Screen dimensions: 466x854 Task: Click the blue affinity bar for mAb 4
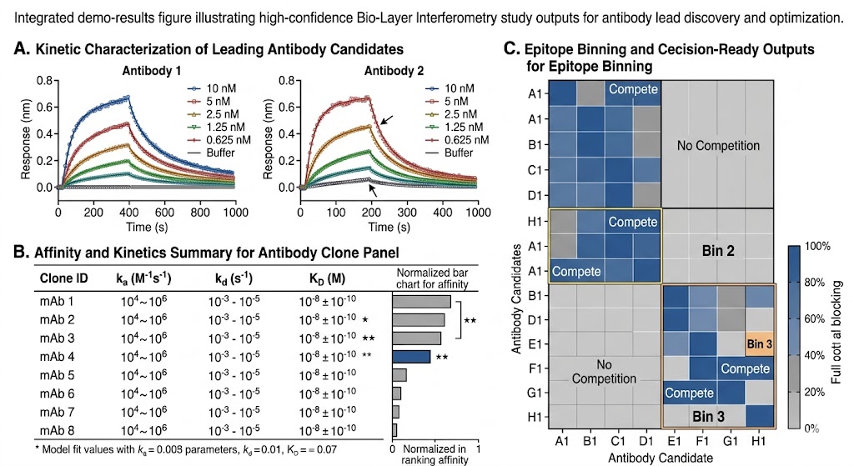(411, 357)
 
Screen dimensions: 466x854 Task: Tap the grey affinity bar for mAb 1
(421, 302)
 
